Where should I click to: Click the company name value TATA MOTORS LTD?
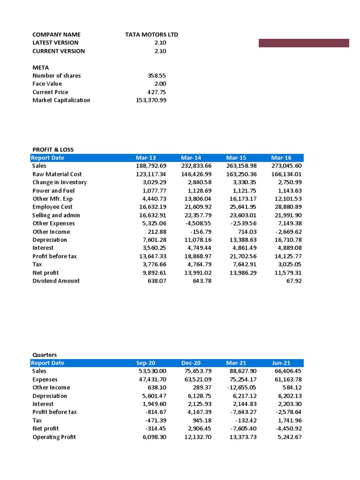pos(151,35)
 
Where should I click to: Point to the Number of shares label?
pos(56,75)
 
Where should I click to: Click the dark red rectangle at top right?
pos(304,43)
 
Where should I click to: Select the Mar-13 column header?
pos(145,158)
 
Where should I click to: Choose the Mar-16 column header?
pos(281,158)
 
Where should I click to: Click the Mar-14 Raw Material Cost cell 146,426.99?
pos(196,174)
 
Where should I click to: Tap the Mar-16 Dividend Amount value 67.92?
pos(293,281)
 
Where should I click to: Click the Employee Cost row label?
pos(52,207)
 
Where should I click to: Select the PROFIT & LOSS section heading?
pos(53,150)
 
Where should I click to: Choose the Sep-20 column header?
pos(145,363)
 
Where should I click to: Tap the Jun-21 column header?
pos(281,363)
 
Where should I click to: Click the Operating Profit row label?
pos(54,437)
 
